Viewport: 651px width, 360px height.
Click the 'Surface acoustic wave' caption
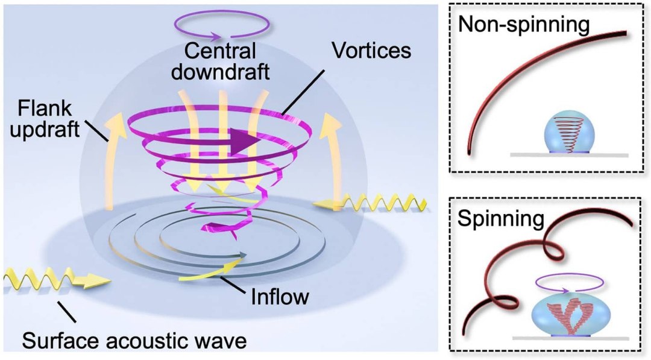point(134,341)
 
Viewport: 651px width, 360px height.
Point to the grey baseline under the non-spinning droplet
point(569,155)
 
